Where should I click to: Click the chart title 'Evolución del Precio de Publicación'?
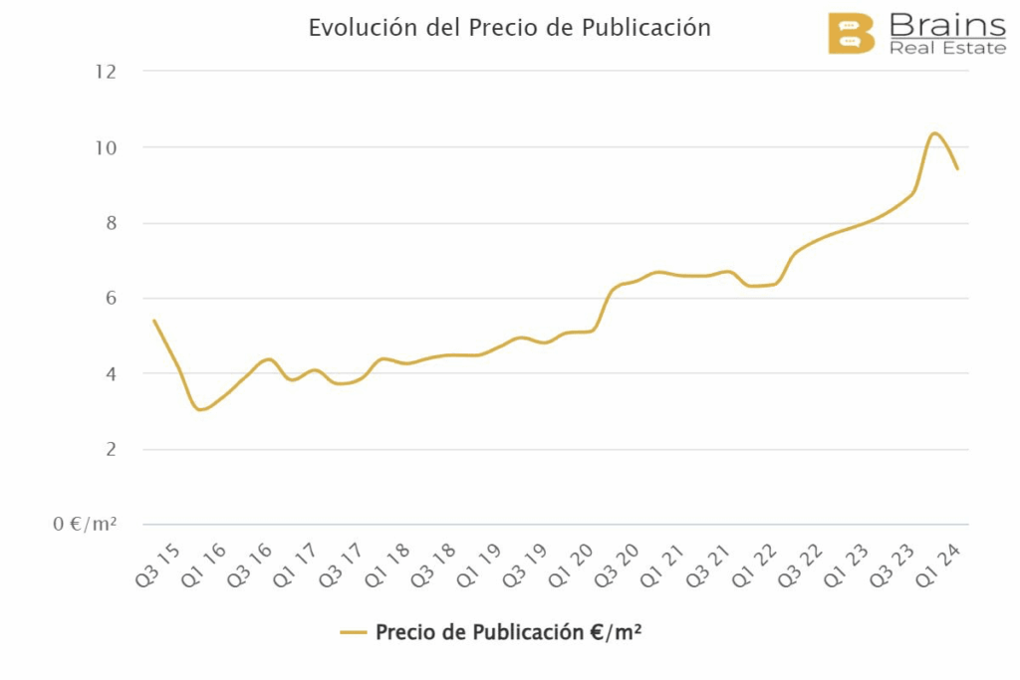pyautogui.click(x=509, y=28)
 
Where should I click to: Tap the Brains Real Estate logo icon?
pyautogui.click(x=851, y=34)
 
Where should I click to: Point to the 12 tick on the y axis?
pyautogui.click(x=106, y=72)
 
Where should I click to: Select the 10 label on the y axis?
pyautogui.click(x=106, y=147)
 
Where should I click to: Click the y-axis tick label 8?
pyautogui.click(x=111, y=223)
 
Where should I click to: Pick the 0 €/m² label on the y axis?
pyautogui.click(x=86, y=525)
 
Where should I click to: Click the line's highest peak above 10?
pyautogui.click(x=934, y=133)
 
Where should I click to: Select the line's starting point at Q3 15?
pyautogui.click(x=153, y=321)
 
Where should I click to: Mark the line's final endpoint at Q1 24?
pyautogui.click(x=957, y=168)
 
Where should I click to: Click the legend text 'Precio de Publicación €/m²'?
pyautogui.click(x=508, y=632)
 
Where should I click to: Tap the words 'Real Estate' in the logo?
pyautogui.click(x=946, y=48)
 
